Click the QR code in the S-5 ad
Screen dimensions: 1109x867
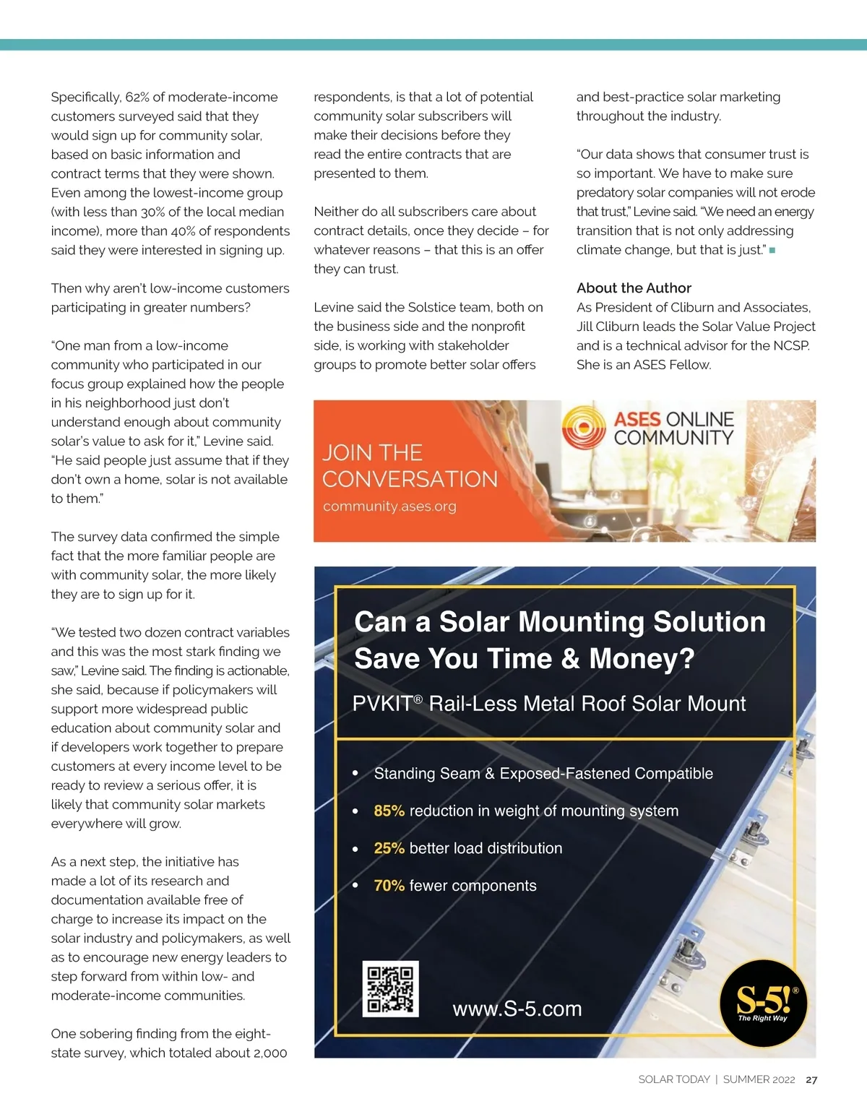click(x=390, y=988)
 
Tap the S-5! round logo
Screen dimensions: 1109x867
click(x=763, y=1003)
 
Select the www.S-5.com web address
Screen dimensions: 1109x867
click(x=517, y=1009)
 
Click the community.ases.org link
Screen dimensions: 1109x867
click(x=389, y=506)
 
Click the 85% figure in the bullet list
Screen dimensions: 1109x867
click(x=389, y=811)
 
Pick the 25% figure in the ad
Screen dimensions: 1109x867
click(x=389, y=848)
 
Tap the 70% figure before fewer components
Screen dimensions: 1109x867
click(x=389, y=886)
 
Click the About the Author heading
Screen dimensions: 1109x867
click(x=634, y=288)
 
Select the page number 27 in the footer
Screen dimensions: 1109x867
click(x=811, y=1079)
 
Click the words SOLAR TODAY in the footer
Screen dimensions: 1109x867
click(x=673, y=1079)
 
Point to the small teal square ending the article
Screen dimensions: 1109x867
click(x=772, y=250)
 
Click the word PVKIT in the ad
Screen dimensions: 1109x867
click(x=382, y=704)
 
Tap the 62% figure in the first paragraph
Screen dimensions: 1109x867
click(x=137, y=97)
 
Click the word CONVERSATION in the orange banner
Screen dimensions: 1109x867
click(x=410, y=479)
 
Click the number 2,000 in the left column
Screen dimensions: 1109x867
click(x=270, y=1053)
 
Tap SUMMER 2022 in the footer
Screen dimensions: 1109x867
click(x=759, y=1079)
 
